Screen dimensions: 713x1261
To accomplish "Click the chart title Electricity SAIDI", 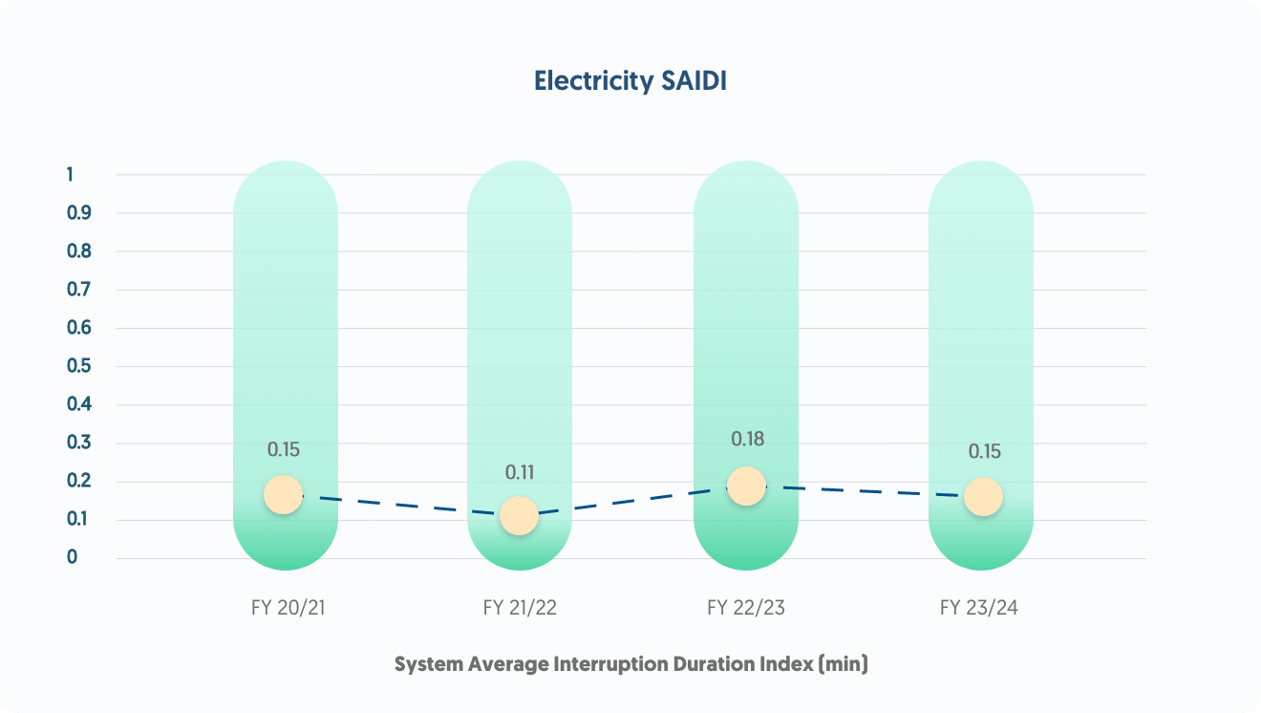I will tap(630, 81).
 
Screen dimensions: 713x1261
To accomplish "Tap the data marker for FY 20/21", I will tap(283, 494).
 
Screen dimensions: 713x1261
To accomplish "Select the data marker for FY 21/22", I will tap(519, 516).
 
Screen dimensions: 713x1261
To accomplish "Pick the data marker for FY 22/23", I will tap(746, 486).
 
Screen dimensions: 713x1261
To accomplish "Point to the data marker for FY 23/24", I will tap(983, 497).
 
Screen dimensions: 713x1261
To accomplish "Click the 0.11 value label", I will tap(520, 472).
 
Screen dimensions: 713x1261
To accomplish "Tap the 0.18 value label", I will tap(748, 440).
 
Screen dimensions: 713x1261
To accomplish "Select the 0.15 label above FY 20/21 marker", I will tap(284, 449).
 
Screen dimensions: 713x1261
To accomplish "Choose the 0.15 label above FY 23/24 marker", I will tap(985, 451).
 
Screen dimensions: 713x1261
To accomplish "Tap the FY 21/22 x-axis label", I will tap(520, 608).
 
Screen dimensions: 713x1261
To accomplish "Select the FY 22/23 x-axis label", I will tap(746, 608).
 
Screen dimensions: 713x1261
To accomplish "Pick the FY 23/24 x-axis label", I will tap(979, 608).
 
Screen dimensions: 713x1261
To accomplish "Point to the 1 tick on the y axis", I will tap(70, 174).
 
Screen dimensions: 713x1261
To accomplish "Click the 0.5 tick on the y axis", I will tap(78, 366).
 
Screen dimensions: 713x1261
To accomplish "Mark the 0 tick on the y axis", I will tap(72, 557).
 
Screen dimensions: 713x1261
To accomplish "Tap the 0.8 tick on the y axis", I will tap(78, 251).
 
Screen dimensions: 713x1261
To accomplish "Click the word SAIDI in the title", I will tap(695, 81).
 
